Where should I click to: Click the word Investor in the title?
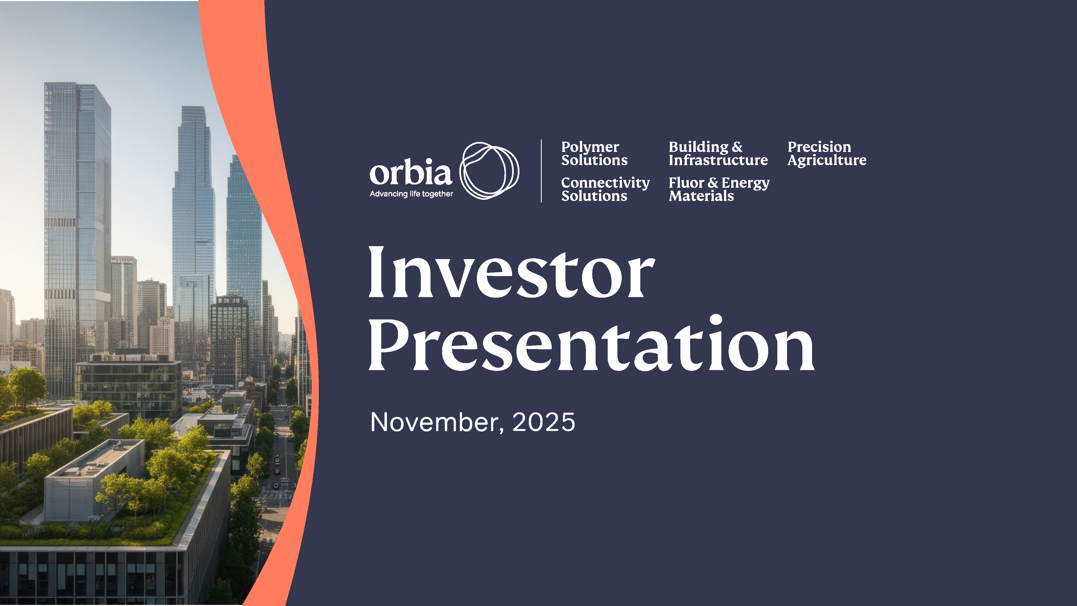(511, 273)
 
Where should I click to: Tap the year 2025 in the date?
(544, 422)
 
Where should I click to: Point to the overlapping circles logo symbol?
(489, 171)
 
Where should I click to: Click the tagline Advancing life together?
(411, 194)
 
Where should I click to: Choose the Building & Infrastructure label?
(718, 154)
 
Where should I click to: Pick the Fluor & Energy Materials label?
(718, 189)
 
